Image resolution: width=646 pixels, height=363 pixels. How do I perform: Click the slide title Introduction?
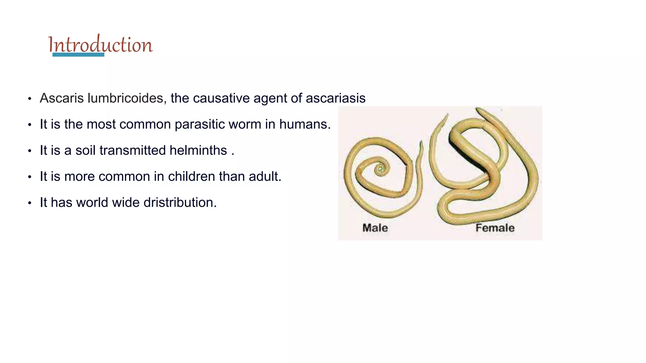tap(100, 44)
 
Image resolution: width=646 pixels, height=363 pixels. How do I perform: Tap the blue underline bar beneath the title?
tap(78, 55)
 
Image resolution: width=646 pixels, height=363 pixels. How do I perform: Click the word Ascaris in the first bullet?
tap(62, 98)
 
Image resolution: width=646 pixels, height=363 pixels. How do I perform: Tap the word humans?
tap(304, 124)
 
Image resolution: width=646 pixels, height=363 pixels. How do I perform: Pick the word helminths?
tap(198, 150)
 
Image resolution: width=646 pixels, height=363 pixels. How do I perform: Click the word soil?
tap(85, 150)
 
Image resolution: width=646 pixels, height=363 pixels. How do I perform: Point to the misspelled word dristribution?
tap(180, 203)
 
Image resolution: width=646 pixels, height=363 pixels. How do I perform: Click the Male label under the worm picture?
tap(375, 228)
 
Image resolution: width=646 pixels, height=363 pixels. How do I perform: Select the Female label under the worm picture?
tap(495, 228)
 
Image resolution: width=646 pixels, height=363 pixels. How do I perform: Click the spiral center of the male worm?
tap(381, 170)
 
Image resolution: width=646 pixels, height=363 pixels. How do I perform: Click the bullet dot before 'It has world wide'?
tap(30, 203)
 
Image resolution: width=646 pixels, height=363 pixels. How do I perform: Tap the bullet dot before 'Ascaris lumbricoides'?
tap(30, 99)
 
